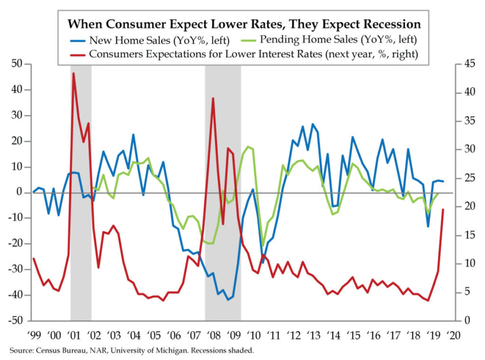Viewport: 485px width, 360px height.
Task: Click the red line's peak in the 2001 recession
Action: coord(73,73)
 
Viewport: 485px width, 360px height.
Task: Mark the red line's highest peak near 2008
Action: coord(213,98)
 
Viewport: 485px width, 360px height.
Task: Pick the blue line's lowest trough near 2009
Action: coord(228,299)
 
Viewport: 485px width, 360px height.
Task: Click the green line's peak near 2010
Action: coord(248,147)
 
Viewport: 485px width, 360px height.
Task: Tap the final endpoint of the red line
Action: coord(443,209)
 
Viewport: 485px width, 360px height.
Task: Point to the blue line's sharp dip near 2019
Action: coord(428,226)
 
